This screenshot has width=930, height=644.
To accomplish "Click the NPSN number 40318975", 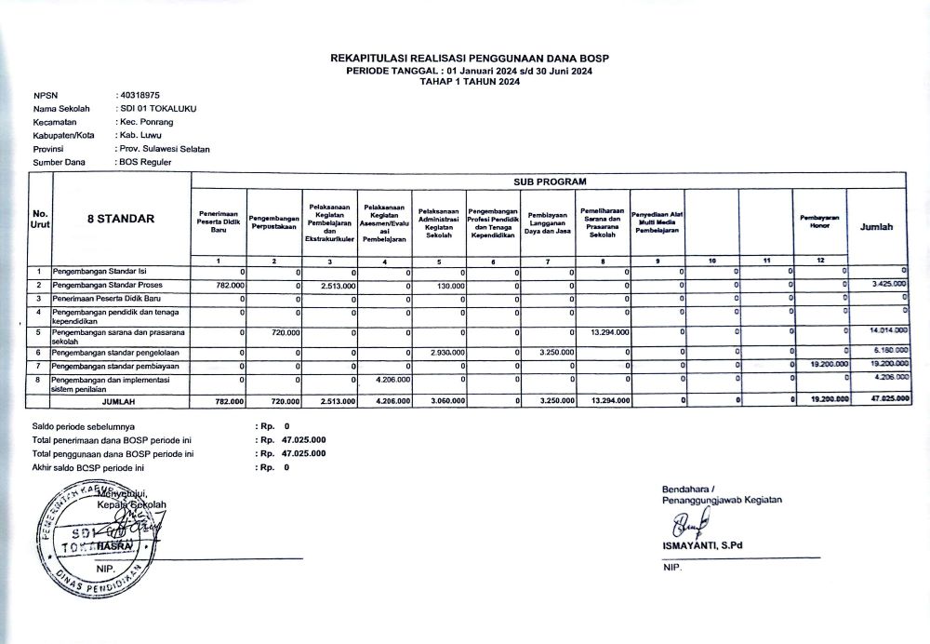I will coord(139,95).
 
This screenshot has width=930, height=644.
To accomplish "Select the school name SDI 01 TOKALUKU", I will coord(159,108).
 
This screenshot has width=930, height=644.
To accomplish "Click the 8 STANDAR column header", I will coord(121,219).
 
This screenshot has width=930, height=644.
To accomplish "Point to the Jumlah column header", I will coord(877,226).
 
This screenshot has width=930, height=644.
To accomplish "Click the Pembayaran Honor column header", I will coord(819,221).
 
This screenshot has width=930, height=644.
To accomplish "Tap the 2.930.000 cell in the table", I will coord(450,354).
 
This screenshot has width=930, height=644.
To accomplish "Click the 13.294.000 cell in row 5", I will coord(610,331).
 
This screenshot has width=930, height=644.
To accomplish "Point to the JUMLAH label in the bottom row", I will coord(117,401).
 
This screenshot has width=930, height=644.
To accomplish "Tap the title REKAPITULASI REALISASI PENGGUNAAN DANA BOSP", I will coord(470,59).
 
